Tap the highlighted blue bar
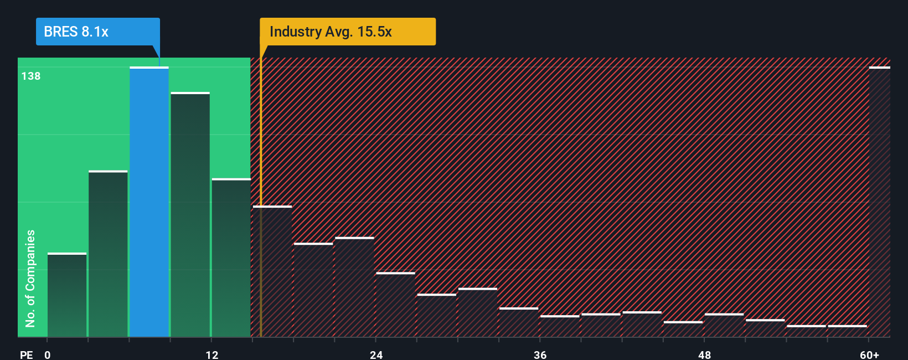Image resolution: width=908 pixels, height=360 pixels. [149, 202]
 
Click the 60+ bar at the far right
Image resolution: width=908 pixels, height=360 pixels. [879, 202]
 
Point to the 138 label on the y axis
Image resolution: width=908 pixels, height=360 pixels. [31, 76]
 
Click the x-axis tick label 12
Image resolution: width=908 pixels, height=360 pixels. [211, 354]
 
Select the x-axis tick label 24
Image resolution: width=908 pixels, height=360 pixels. [376, 354]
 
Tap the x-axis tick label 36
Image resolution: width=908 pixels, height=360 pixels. [540, 354]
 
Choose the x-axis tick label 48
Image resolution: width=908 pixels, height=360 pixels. [704, 354]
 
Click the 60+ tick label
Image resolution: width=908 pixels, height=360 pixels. [869, 354]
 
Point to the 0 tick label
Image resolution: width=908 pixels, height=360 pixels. [48, 354]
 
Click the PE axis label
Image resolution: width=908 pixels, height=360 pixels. [26, 354]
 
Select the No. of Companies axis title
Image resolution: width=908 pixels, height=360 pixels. [30, 278]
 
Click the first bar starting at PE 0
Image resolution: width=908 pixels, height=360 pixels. [67, 295]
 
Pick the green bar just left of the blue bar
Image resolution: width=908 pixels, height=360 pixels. [108, 254]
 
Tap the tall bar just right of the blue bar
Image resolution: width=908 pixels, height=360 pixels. [190, 214]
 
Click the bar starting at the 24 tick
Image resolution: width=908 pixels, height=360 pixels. [395, 305]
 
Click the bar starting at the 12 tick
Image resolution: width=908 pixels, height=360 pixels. [231, 258]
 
